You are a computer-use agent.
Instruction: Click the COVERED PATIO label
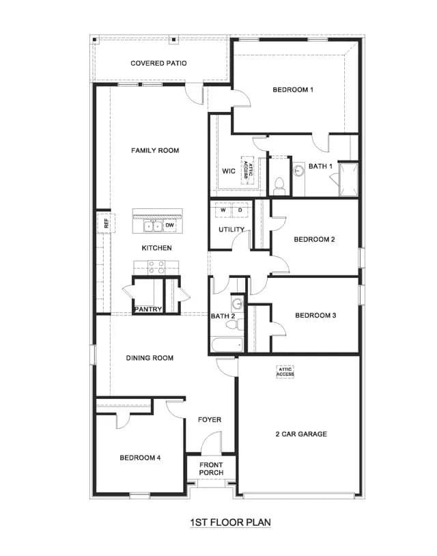(158, 63)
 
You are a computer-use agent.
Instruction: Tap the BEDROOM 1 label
(293, 89)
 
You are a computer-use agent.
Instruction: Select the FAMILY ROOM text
(155, 150)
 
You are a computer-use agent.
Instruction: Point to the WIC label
(229, 171)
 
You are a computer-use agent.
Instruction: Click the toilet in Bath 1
(279, 186)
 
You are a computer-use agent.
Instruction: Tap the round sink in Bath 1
(299, 171)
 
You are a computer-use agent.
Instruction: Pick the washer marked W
(223, 210)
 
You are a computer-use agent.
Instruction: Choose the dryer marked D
(240, 210)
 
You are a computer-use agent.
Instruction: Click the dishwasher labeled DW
(170, 225)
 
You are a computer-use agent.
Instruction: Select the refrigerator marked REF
(106, 223)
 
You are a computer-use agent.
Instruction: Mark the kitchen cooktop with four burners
(156, 267)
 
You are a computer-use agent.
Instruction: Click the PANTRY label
(147, 309)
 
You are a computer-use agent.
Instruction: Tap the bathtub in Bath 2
(227, 345)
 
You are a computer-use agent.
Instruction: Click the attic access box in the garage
(285, 372)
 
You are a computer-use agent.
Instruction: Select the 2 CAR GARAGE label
(301, 434)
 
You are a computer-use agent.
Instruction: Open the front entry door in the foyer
(211, 443)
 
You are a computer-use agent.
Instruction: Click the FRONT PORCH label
(211, 469)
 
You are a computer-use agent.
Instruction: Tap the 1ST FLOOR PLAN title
(230, 523)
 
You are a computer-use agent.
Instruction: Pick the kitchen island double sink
(153, 226)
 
